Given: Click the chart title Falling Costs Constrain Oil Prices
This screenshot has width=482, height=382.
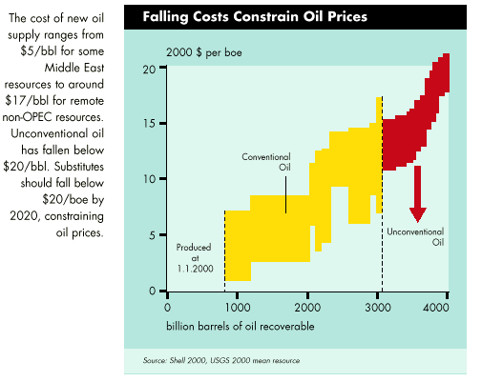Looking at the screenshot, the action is pyautogui.click(x=255, y=17).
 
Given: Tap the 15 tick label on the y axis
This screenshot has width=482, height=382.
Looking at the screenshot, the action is pyautogui.click(x=149, y=123).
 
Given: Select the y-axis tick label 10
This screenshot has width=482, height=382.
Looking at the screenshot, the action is pyautogui.click(x=149, y=179).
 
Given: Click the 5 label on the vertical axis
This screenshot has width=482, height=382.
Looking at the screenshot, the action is pyautogui.click(x=153, y=235).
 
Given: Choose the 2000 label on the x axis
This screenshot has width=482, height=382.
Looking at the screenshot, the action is pyautogui.click(x=307, y=308).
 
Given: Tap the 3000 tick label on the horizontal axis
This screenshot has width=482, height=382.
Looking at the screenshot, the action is pyautogui.click(x=378, y=308).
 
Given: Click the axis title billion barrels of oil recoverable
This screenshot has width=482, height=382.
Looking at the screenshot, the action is pyautogui.click(x=241, y=326).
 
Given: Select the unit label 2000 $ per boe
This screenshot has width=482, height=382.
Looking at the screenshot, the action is pyautogui.click(x=204, y=52).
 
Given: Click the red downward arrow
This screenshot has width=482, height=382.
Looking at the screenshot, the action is pyautogui.click(x=418, y=194).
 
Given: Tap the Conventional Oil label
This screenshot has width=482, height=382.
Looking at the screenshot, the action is pyautogui.click(x=266, y=162).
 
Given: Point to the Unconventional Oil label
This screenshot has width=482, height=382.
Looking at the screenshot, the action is pyautogui.click(x=415, y=237).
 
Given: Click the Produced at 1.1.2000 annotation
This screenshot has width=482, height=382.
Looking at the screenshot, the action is pyautogui.click(x=194, y=258).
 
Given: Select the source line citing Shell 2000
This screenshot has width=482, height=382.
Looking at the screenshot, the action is pyautogui.click(x=221, y=361).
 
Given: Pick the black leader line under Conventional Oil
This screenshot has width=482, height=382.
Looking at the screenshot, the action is pyautogui.click(x=285, y=194).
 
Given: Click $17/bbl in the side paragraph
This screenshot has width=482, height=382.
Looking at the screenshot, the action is pyautogui.click(x=26, y=101).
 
